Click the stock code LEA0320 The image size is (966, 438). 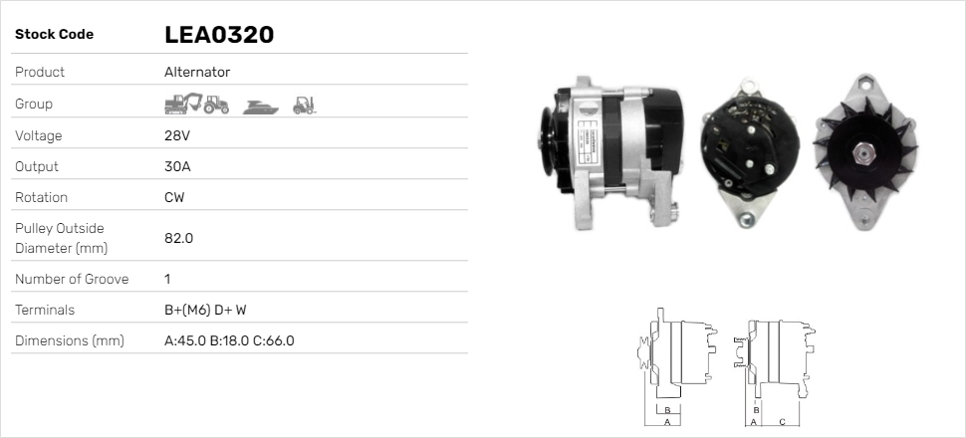(x=219, y=35)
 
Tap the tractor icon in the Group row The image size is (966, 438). (x=216, y=104)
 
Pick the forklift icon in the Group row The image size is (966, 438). (x=304, y=104)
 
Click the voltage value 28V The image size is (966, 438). (x=176, y=135)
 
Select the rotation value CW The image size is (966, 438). (x=174, y=197)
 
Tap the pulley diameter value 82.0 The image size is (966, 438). (x=178, y=238)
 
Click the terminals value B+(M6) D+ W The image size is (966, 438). (x=205, y=310)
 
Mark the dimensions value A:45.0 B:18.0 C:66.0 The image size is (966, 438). (x=229, y=340)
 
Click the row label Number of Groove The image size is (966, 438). (x=72, y=279)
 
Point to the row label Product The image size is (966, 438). (x=40, y=72)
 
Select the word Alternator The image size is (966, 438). (x=197, y=72)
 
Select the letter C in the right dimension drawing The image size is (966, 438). (x=782, y=422)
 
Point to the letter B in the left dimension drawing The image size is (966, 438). (x=667, y=409)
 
